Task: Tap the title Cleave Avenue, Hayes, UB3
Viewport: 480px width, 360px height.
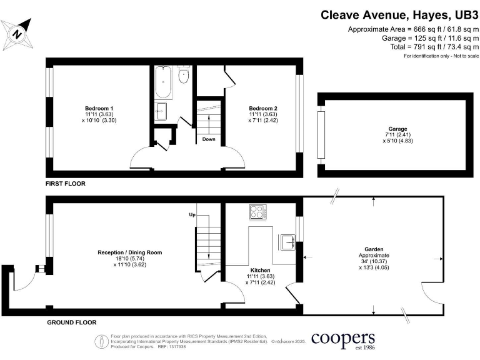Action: coord(399,14)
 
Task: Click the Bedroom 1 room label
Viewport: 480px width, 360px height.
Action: coord(99,108)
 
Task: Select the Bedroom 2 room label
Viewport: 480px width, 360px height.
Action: coord(262,108)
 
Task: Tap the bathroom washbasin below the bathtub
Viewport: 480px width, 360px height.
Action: coord(161,111)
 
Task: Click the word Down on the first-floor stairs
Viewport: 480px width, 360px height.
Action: coord(209,139)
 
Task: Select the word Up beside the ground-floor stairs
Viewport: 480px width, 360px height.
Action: coord(192,215)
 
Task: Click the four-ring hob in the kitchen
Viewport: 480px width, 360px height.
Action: coord(257,212)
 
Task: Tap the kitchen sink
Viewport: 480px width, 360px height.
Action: coord(287,240)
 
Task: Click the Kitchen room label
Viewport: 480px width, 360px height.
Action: coord(262,269)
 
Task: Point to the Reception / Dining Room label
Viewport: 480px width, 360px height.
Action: coord(130,252)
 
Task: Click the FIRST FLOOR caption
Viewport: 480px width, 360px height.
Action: coord(65,184)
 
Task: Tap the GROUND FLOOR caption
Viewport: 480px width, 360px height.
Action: coord(72,323)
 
